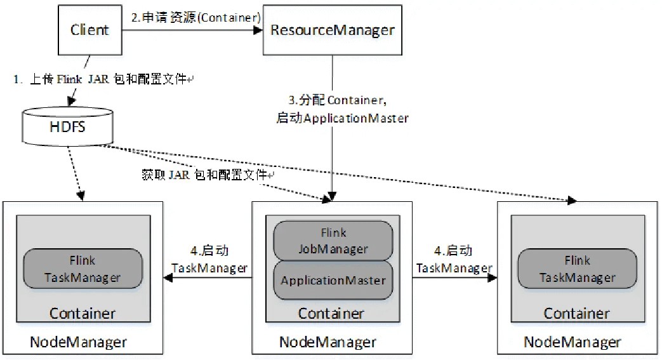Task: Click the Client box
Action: point(89,30)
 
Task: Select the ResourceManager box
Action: point(332,30)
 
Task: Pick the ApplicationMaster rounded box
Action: point(333,280)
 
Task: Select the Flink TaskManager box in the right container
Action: point(577,269)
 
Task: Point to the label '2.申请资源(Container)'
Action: point(196,18)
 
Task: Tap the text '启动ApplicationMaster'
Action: point(342,117)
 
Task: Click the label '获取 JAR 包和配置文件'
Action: point(207,175)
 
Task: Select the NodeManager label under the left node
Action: point(78,342)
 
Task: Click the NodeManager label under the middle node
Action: point(328,342)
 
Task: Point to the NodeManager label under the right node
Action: point(572,342)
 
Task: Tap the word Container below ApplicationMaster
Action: point(331,313)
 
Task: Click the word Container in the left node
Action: point(83,313)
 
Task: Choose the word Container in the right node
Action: point(577,313)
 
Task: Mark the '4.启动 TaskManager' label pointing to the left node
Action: point(209,260)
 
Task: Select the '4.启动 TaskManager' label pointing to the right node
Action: point(454,260)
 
